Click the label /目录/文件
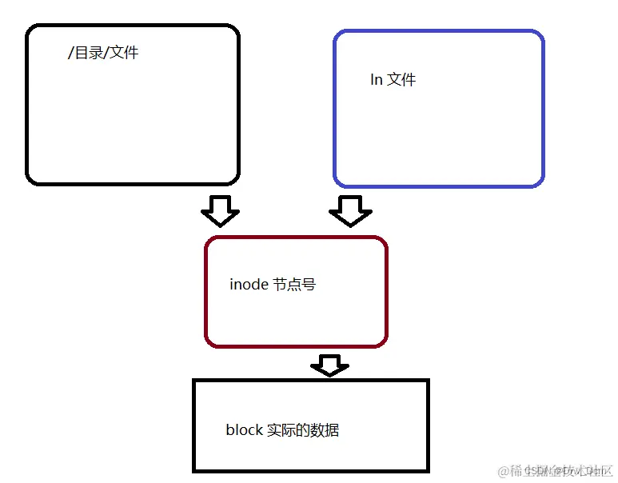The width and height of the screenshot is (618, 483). (103, 54)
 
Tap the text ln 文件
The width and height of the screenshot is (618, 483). (393, 80)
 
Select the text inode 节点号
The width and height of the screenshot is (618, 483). (273, 285)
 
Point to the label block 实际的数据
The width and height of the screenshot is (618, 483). (282, 430)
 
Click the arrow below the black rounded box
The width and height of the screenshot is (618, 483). (220, 211)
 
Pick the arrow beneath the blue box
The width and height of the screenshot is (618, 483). (350, 211)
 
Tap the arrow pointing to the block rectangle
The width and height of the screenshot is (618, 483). (329, 365)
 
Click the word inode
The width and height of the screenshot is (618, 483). (249, 285)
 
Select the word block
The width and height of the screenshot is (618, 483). (244, 430)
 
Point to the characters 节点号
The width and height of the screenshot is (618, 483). (294, 285)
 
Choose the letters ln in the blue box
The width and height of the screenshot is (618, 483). (376, 80)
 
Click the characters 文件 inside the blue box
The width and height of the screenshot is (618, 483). (402, 80)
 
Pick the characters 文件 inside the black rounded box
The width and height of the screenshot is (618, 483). (124, 54)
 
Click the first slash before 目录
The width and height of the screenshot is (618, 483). (71, 54)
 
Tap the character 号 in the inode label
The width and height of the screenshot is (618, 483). (309, 285)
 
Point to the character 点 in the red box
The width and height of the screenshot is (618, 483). (294, 285)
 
